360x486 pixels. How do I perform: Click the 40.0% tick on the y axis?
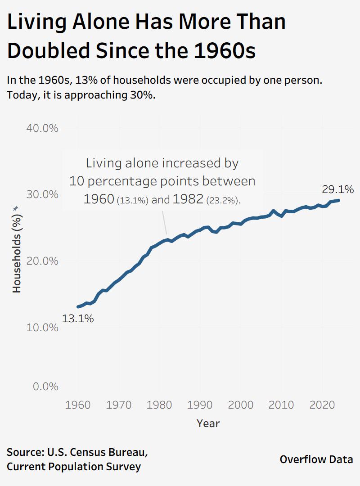click(42, 128)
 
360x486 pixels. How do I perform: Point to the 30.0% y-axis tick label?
click(42, 194)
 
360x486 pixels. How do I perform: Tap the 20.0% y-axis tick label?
click(42, 261)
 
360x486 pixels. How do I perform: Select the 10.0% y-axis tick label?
click(42, 327)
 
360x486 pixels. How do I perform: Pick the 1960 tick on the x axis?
click(78, 404)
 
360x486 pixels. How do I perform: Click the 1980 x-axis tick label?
click(159, 404)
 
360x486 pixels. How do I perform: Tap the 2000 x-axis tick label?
click(241, 404)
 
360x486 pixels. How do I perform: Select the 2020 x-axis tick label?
click(322, 404)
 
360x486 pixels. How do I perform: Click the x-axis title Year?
click(208, 423)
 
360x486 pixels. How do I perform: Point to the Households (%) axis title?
click(17, 252)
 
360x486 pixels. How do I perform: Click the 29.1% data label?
click(337, 189)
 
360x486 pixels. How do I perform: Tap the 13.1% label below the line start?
click(78, 319)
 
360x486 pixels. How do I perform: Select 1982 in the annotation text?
click(188, 199)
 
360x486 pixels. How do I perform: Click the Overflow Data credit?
click(316, 459)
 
